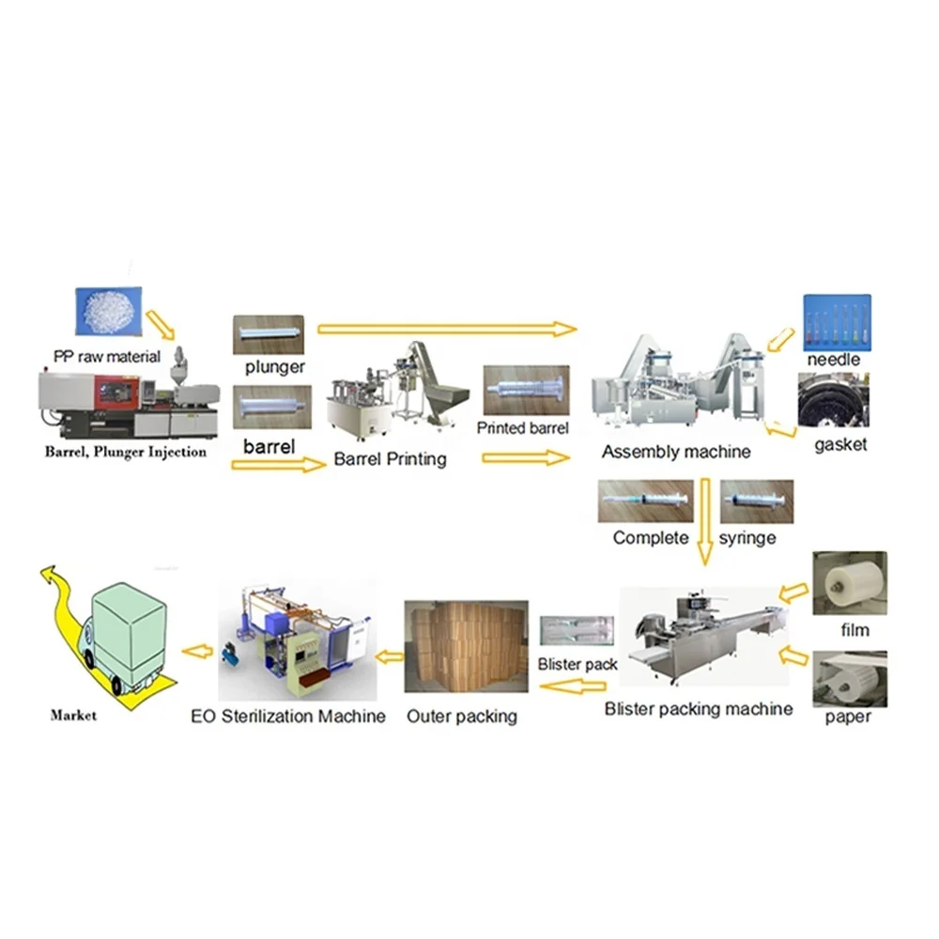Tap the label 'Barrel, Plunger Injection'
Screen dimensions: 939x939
pyautogui.click(x=126, y=452)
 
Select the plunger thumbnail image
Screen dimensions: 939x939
pyautogui.click(x=268, y=334)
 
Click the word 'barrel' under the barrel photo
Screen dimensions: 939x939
pyautogui.click(x=269, y=447)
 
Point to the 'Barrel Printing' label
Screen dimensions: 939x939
pyautogui.click(x=390, y=460)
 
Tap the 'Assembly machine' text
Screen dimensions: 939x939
pyautogui.click(x=676, y=452)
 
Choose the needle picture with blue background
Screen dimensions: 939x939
pyautogui.click(x=837, y=322)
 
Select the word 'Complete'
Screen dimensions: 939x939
pyautogui.click(x=651, y=538)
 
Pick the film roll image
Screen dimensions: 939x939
pyautogui.click(x=849, y=583)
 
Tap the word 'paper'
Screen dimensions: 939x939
pyautogui.click(x=848, y=717)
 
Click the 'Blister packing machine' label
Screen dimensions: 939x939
pyautogui.click(x=699, y=709)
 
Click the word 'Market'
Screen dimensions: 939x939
pyautogui.click(x=73, y=716)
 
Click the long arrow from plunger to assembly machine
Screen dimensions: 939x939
pyautogui.click(x=446, y=329)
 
